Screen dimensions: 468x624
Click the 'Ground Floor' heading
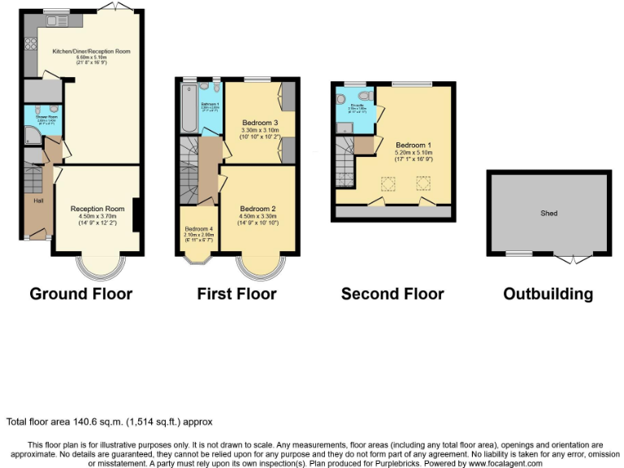click(x=80, y=293)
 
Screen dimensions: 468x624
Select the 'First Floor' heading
click(x=236, y=293)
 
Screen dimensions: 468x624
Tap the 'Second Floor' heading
click(x=392, y=293)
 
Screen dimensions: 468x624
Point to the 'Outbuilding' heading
click(x=548, y=293)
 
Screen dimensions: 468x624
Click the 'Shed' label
click(x=549, y=213)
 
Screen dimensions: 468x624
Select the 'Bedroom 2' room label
click(x=258, y=209)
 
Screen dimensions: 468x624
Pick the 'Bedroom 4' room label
click(x=198, y=228)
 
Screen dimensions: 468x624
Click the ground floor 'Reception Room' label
click(x=97, y=208)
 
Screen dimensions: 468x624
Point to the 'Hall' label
click(x=38, y=200)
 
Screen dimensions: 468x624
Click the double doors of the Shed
click(x=573, y=258)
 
